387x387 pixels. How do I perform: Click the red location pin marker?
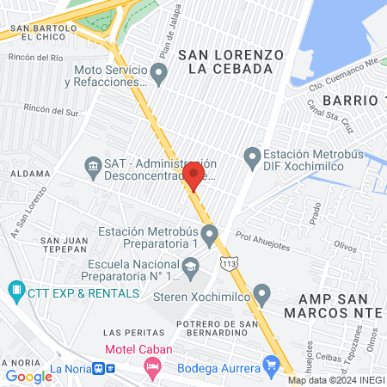[x=193, y=175]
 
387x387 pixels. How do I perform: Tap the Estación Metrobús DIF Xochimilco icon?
[x=252, y=157]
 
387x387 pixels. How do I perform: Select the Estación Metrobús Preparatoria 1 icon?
[x=209, y=234]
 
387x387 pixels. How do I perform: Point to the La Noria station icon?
[x=102, y=368]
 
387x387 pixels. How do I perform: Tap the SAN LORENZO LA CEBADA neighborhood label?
[x=230, y=61]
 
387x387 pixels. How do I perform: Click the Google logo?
[x=29, y=376]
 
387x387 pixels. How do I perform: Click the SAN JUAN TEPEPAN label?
[x=64, y=245]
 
